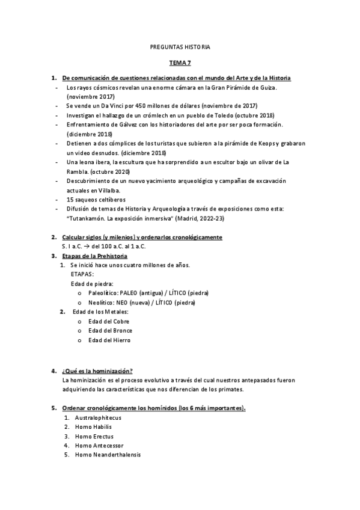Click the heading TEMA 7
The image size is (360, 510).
[180, 62]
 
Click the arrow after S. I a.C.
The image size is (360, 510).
[87, 246]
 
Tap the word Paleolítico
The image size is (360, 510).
[103, 293]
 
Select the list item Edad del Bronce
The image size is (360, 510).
[110, 330]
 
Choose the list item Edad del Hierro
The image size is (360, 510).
[109, 340]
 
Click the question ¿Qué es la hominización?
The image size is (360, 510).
[97, 370]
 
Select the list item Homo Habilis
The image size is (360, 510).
[94, 426]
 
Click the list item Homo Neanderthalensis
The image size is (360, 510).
[108, 455]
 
